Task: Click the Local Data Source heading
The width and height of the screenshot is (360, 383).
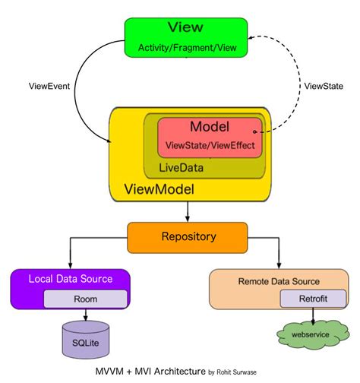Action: coord(71,279)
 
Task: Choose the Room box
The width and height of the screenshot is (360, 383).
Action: coord(85,298)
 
